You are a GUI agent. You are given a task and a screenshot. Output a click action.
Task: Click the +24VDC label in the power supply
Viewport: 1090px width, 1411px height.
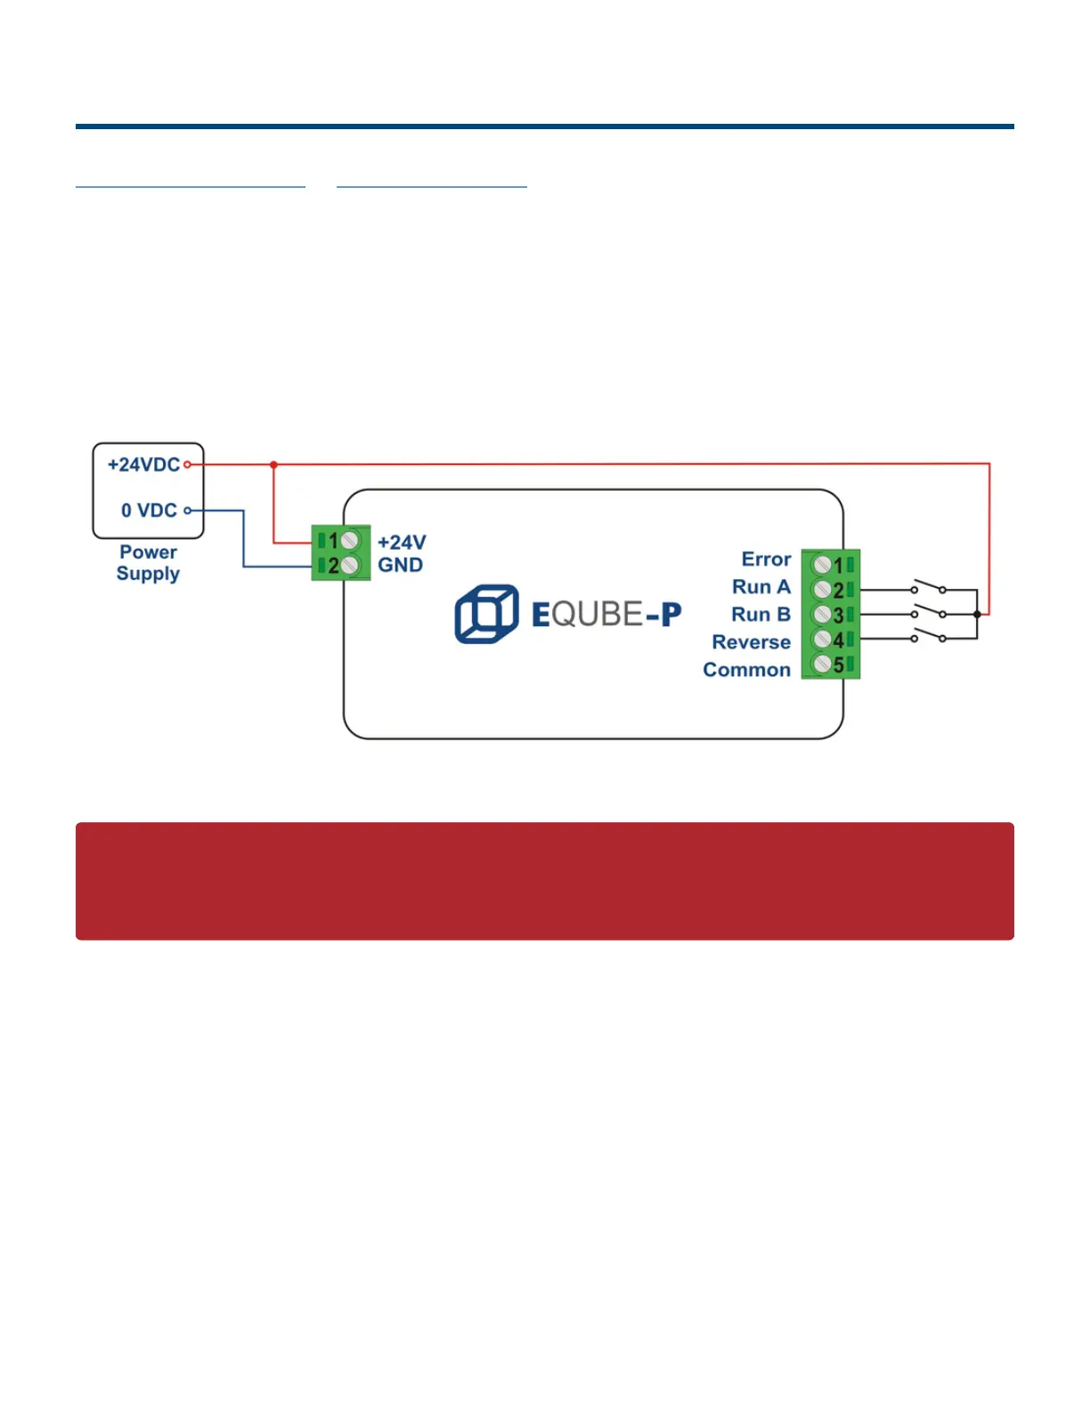click(143, 464)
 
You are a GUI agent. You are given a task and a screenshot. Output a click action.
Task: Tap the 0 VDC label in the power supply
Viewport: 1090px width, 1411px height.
click(149, 510)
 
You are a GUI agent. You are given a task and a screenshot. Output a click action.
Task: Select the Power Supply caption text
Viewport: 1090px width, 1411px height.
click(148, 563)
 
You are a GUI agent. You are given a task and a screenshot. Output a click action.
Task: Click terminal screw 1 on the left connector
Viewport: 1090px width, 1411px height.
click(349, 540)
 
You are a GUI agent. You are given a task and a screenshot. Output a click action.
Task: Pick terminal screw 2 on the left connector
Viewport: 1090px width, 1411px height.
click(349, 565)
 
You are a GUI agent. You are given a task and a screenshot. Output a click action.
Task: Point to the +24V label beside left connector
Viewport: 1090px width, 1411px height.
click(402, 542)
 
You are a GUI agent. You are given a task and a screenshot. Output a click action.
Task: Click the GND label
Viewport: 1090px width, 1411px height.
click(400, 565)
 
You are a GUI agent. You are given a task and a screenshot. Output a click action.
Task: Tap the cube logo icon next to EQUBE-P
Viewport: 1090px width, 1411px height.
click(486, 614)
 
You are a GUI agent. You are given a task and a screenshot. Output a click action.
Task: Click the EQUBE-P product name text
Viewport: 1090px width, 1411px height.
click(606, 614)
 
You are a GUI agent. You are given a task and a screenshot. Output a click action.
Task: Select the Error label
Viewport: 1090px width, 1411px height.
click(766, 559)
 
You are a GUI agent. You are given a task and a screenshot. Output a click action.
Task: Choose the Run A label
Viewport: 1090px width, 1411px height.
click(761, 587)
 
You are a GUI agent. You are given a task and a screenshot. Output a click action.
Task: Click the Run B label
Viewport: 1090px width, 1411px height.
click(761, 615)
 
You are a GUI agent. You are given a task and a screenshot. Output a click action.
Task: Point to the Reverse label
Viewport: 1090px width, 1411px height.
click(751, 642)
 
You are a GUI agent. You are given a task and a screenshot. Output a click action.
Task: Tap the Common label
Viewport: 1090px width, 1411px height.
click(746, 670)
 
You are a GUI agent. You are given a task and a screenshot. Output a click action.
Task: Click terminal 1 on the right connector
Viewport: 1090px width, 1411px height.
click(823, 565)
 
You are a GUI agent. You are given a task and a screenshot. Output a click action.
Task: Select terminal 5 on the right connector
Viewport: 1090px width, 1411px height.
click(823, 665)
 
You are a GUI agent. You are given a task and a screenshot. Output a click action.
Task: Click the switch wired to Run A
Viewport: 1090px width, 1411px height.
click(929, 587)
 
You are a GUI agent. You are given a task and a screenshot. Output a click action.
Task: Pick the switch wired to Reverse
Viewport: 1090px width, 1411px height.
click(929, 636)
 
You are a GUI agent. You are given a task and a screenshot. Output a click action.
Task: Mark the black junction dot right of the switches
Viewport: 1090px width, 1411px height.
click(977, 614)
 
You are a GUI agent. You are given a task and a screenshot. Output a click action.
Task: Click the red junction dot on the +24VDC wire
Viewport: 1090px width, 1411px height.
click(273, 464)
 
